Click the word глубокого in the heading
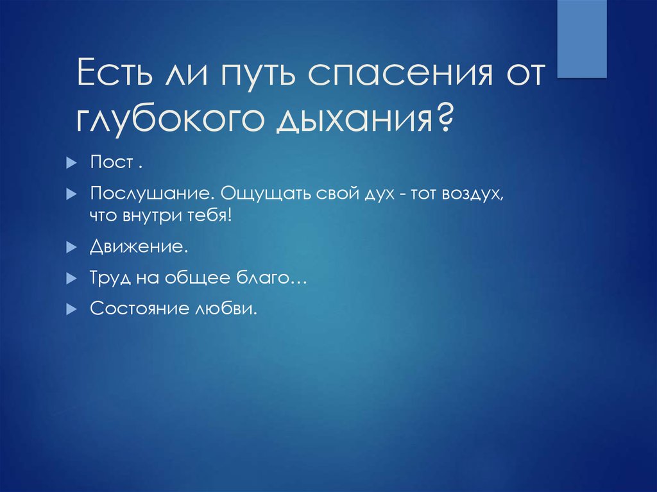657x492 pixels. coord(169,120)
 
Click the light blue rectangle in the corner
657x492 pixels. coord(582,38)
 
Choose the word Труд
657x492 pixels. coord(110,278)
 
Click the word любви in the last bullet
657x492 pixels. coord(226,309)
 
